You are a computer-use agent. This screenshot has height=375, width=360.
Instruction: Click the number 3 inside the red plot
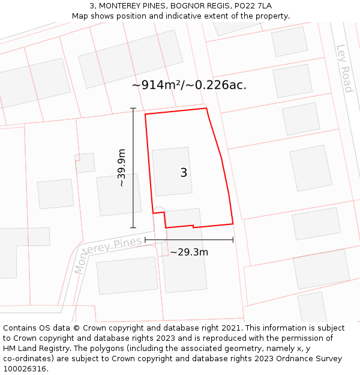coord(184,173)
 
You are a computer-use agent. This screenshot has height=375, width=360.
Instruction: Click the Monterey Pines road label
coord(109,254)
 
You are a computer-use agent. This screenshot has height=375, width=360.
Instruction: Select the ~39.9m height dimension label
coord(122,168)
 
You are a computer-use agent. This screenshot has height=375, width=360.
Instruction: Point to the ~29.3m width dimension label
coord(189,252)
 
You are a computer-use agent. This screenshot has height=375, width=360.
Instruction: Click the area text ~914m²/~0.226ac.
coord(189,85)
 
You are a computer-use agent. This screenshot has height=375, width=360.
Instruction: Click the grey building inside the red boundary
coord(172,172)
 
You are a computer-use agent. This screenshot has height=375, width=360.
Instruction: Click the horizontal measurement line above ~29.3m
coord(189,240)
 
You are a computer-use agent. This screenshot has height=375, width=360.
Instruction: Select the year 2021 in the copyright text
coord(231,328)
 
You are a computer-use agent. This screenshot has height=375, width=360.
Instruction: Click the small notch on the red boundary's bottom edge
coord(193,226)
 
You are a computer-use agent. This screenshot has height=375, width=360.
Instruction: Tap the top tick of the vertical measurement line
coord(133,109)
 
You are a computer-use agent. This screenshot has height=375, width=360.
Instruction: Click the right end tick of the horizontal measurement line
coord(233,240)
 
